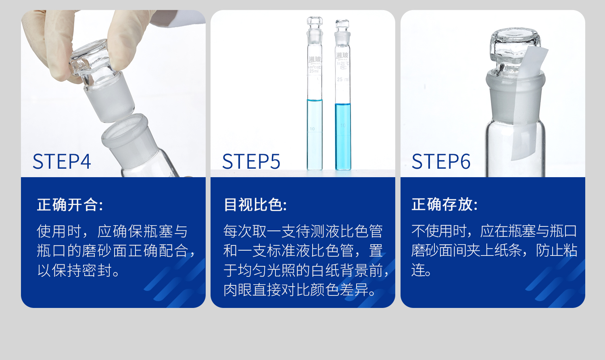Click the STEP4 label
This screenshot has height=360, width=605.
coord(62,161)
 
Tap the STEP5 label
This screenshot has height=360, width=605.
coord(251,161)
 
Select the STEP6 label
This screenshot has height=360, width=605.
coord(441,161)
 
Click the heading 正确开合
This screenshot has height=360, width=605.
coord(70,205)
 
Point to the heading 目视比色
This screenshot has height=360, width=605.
coord(255,205)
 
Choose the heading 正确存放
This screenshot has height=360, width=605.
coord(444,204)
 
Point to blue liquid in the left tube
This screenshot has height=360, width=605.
coord(315,133)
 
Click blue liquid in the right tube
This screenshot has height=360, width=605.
coord(343,135)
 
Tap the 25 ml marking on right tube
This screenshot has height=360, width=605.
coord(342,80)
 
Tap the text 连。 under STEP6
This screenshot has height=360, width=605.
coord(421,270)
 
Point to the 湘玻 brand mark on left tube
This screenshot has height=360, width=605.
coord(315,59)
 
